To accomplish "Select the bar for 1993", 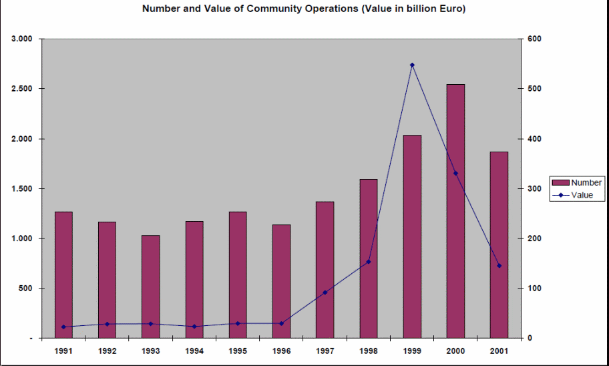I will pos(150,287).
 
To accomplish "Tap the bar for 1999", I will pos(412,236).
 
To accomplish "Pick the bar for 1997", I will pos(325,270).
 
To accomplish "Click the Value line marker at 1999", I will pos(412,65).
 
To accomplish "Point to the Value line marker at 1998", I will pos(369,262).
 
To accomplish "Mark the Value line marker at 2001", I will pos(499,266).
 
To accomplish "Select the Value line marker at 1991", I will pos(63,327).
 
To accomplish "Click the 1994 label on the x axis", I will pos(194,350).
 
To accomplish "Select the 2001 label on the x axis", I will pos(499,350).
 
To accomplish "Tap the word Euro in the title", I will pos(449,9).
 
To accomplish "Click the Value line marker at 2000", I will pos(455,173).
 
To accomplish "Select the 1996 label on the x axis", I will pos(281,350).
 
